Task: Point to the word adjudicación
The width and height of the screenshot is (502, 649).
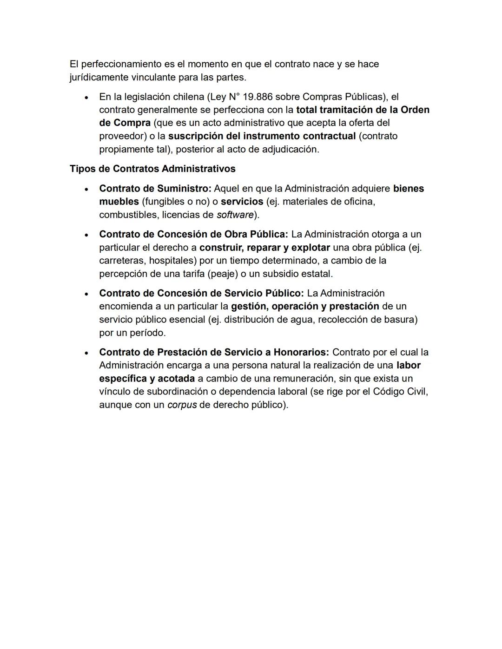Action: pos(290,150)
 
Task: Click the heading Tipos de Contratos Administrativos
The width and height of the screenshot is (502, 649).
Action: pos(152,169)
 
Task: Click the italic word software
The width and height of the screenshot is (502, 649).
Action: pos(235,215)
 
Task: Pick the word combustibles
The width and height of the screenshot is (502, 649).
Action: pos(126,215)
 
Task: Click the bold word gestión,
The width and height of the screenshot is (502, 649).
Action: pos(250,306)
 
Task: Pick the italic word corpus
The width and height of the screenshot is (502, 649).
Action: pos(182,405)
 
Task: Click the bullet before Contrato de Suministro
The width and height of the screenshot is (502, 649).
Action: pos(86,189)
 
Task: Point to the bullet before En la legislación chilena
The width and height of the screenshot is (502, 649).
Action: pos(86,98)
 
